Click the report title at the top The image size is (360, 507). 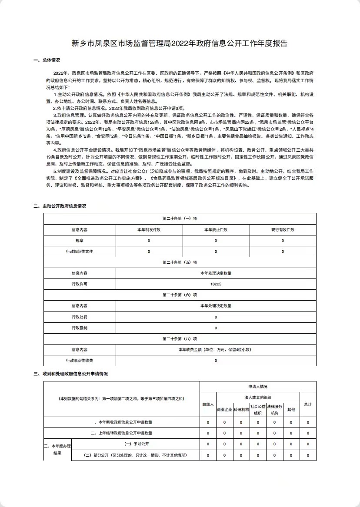[180, 43]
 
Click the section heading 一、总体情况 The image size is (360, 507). [47, 60]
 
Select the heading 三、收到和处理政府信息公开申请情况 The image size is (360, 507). [70, 374]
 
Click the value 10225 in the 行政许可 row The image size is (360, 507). [216, 284]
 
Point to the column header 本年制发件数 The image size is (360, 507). [149, 230]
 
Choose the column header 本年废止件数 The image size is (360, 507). [216, 230]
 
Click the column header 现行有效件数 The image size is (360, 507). [283, 230]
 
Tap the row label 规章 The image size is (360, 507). [80, 241]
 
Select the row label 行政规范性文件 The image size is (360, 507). [80, 252]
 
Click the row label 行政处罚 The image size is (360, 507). [80, 317]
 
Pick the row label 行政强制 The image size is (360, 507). [80, 328]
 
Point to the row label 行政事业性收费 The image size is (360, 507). [80, 361]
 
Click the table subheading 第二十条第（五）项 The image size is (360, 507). [180, 262]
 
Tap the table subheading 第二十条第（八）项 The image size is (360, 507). [180, 339]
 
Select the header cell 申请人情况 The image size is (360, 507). [258, 386]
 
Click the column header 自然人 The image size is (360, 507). [208, 404]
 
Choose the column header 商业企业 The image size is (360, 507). [224, 409]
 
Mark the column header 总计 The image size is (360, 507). [308, 404]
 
